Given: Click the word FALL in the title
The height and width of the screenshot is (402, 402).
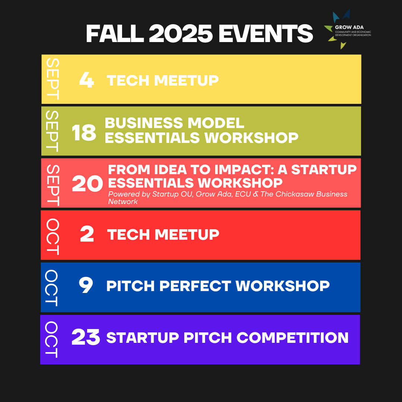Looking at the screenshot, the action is [x=115, y=33].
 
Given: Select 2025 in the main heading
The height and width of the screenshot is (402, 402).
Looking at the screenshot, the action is [x=181, y=33].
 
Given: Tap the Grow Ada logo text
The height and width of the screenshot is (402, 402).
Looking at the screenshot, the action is [x=349, y=27].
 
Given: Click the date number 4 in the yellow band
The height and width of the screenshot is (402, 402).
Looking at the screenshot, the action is [x=87, y=80].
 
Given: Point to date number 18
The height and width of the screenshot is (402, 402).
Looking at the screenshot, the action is [x=84, y=133].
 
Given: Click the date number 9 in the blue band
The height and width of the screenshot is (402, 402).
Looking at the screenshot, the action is [x=86, y=285].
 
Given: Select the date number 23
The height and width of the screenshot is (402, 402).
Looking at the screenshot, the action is [x=86, y=337].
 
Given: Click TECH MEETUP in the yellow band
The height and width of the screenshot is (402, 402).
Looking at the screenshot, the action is [x=163, y=80].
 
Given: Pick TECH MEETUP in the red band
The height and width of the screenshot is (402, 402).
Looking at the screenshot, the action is [x=163, y=234].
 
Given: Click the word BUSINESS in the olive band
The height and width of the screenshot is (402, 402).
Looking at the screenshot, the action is [x=144, y=123].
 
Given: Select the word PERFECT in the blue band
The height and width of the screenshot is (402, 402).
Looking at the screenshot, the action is [x=195, y=286].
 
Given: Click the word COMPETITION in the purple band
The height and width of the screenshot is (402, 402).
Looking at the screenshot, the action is [x=292, y=337].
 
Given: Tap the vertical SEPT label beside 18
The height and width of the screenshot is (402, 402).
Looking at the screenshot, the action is [x=52, y=131].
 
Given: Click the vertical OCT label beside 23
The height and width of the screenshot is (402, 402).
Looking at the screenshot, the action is [x=51, y=339].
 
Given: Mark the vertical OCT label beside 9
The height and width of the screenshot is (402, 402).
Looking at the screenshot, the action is [x=51, y=288].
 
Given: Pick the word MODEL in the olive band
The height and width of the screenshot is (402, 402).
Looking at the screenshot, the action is [x=216, y=123].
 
